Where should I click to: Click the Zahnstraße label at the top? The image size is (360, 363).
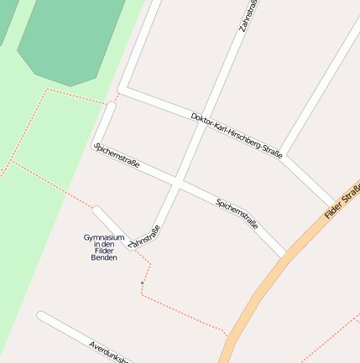click(248, 16)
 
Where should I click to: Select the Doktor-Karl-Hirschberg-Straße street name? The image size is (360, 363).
click(237, 134)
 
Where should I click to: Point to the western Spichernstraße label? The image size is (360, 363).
click(117, 156)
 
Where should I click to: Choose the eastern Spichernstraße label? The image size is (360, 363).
click(237, 215)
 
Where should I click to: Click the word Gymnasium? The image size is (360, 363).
click(104, 237)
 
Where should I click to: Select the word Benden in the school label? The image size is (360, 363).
click(104, 257)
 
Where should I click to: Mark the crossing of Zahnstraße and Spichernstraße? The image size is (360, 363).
click(177, 182)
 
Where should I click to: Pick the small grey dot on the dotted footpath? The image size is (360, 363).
click(142, 283)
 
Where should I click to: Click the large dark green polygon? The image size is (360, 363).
click(70, 38)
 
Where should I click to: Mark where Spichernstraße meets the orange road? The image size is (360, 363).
click(288, 254)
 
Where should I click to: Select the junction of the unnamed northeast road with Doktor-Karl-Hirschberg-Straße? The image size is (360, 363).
click(283, 155)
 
